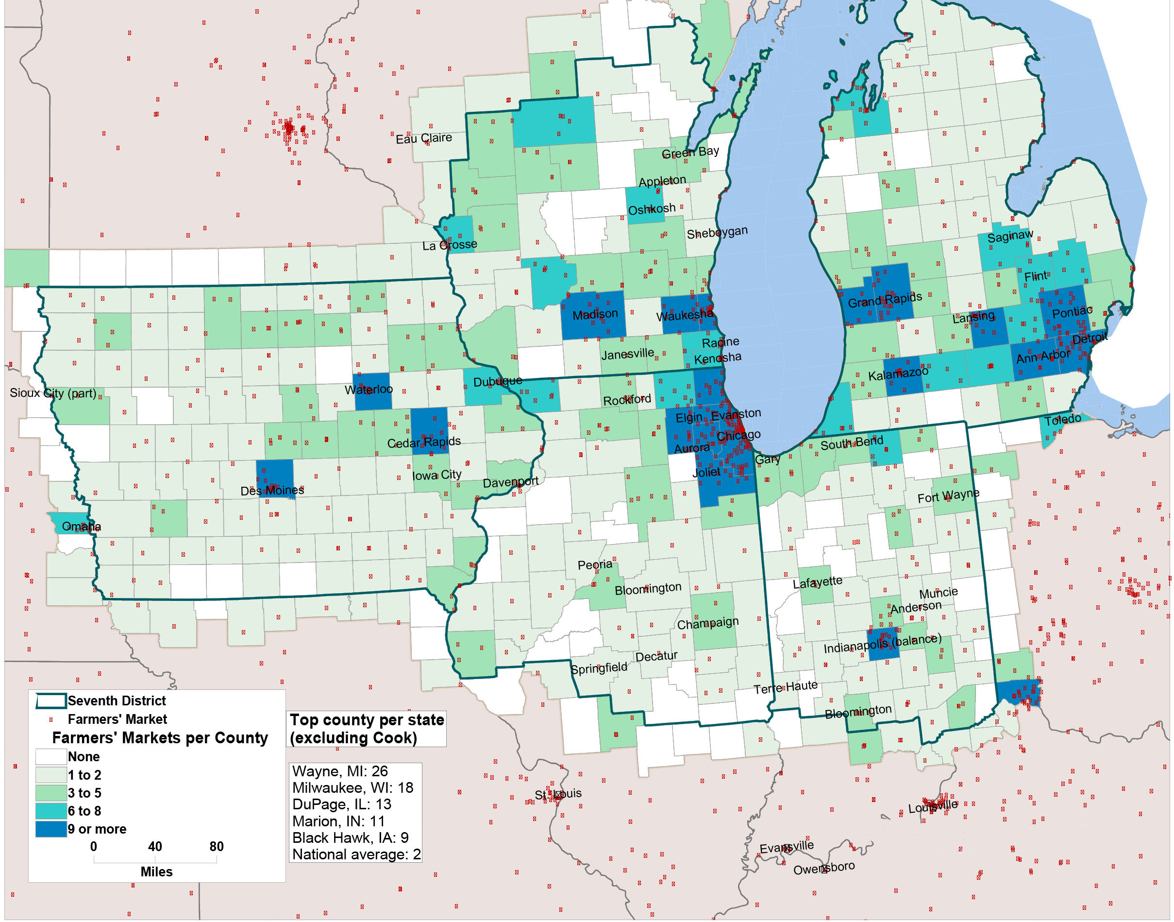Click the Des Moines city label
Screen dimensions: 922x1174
(272, 490)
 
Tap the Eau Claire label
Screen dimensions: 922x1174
(423, 138)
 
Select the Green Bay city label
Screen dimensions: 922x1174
(690, 152)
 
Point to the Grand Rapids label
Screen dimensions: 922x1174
(884, 300)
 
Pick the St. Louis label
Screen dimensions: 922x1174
(558, 794)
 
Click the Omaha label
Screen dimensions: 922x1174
(81, 526)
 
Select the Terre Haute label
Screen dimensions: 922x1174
(785, 687)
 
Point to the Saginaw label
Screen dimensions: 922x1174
(1010, 236)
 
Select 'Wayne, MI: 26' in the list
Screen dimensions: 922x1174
(340, 771)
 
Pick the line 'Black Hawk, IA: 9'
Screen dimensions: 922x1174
(350, 837)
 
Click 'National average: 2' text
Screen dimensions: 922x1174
(356, 854)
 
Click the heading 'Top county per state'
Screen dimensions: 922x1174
(367, 719)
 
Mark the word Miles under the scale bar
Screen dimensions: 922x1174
(156, 871)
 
